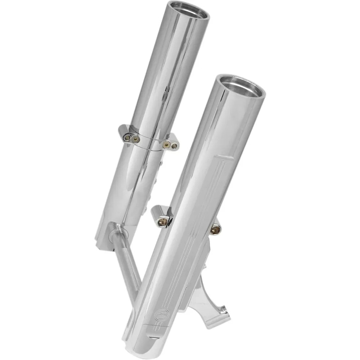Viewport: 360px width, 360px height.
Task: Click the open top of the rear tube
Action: [x=189, y=10]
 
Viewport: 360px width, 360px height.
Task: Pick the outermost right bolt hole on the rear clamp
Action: [x=174, y=146]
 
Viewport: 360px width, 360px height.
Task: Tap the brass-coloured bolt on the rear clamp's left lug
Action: [x=134, y=138]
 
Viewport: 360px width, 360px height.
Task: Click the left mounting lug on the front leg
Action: [x=161, y=217]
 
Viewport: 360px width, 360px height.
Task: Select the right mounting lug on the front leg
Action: [x=215, y=228]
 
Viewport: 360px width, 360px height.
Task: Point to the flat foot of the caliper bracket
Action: [x=216, y=317]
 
